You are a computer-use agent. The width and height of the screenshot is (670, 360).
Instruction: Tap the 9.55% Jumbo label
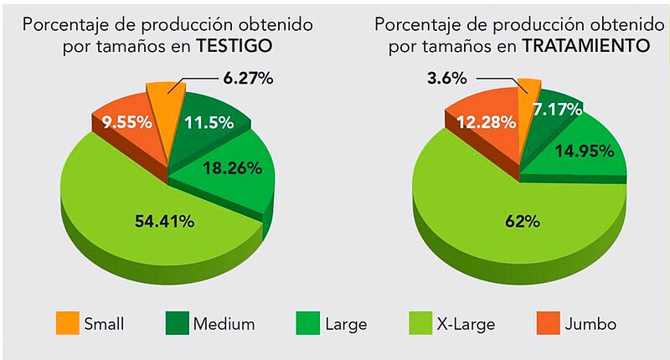tap(126, 122)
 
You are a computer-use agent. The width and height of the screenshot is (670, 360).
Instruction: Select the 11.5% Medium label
tap(208, 122)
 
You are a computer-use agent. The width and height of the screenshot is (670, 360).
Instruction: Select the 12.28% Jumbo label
tap(486, 123)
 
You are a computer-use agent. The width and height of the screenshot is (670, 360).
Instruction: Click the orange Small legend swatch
tap(68, 322)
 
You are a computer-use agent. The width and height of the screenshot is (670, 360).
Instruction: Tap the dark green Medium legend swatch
tap(178, 322)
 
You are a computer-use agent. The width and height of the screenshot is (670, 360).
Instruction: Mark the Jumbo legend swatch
tap(545, 322)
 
